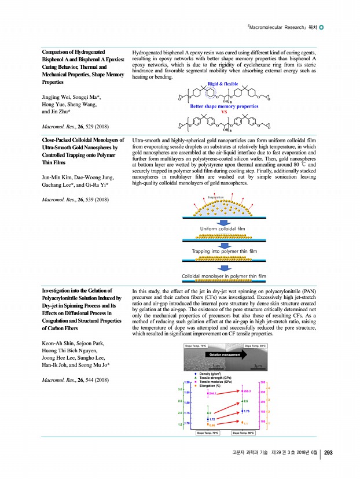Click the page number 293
coord(328,452)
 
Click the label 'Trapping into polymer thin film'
coord(223,252)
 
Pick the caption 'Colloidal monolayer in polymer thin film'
coord(223,276)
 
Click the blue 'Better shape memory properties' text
coord(224,106)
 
